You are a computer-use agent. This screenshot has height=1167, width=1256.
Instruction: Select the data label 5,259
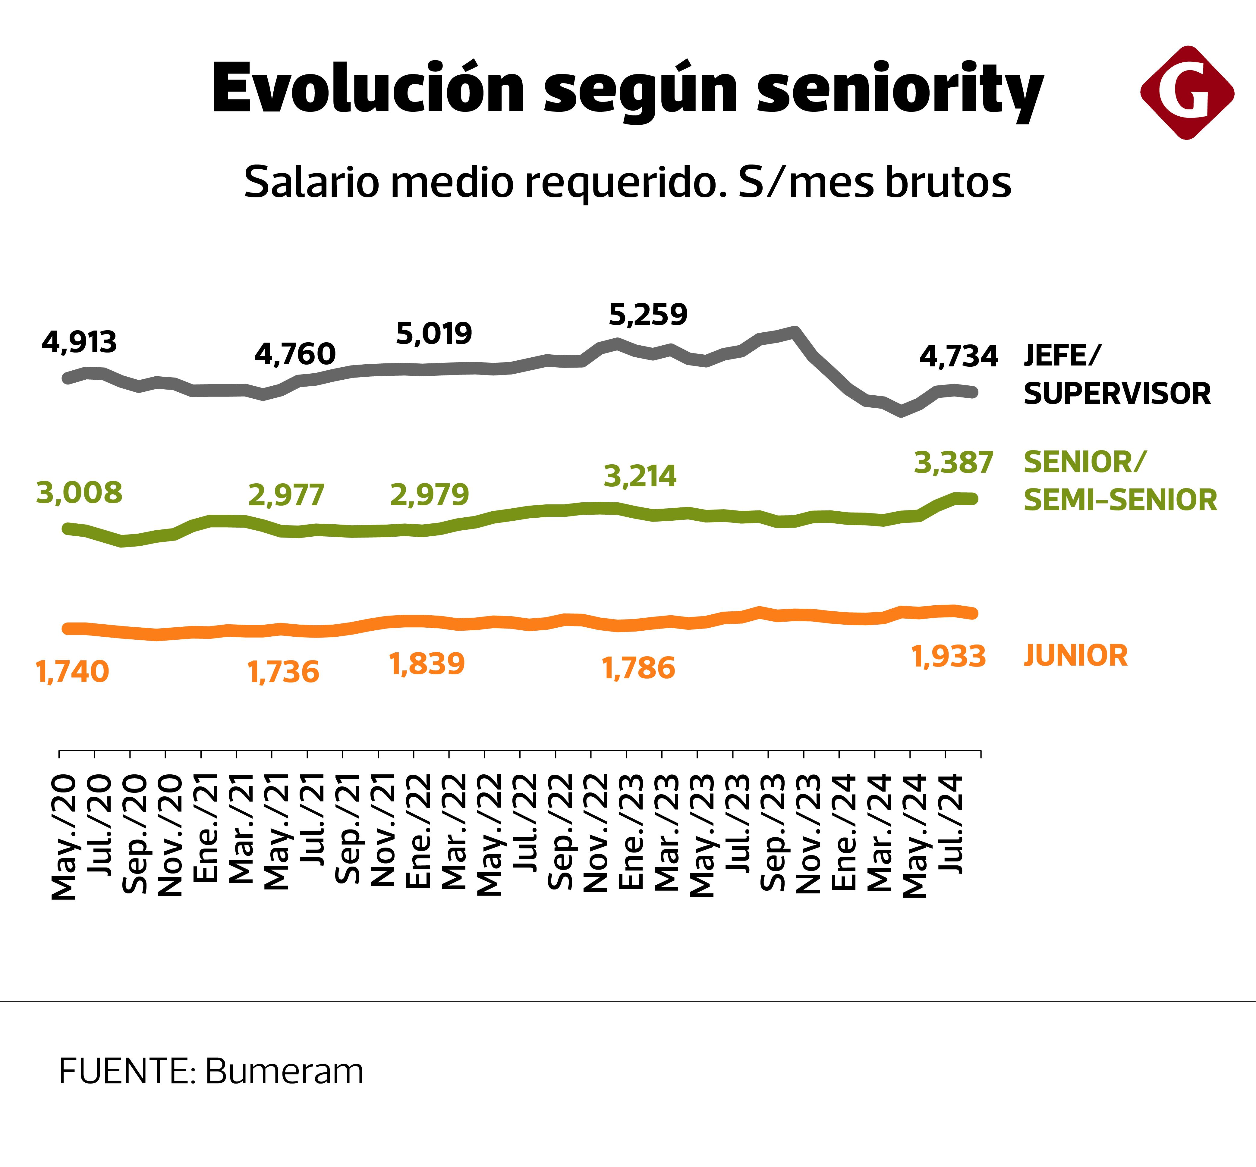click(647, 315)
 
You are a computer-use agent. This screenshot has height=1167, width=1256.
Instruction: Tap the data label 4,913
click(79, 342)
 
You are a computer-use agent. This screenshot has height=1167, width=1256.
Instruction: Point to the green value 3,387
click(953, 463)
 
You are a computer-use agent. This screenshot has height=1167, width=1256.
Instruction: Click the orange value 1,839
click(427, 664)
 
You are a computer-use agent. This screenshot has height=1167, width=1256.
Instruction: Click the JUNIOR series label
click(1075, 655)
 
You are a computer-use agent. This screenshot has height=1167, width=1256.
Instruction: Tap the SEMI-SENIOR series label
click(1119, 500)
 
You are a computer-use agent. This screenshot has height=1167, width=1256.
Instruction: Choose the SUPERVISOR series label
click(1117, 394)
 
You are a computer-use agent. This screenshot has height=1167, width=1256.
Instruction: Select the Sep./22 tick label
click(560, 832)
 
